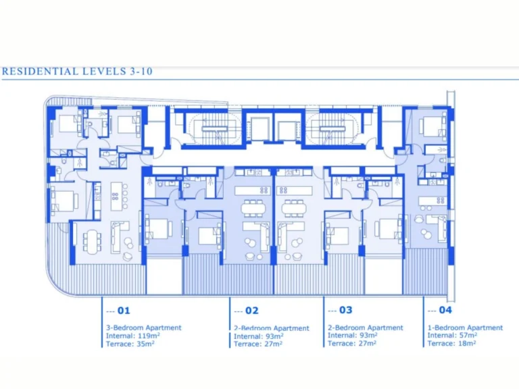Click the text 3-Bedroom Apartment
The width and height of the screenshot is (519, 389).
point(143,328)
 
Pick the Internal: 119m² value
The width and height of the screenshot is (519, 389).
point(131,336)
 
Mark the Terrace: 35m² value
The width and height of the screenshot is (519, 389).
point(130,344)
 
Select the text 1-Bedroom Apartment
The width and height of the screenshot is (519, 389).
point(465,328)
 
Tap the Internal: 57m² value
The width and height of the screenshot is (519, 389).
point(452,335)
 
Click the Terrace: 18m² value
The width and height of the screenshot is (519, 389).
point(451,343)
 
